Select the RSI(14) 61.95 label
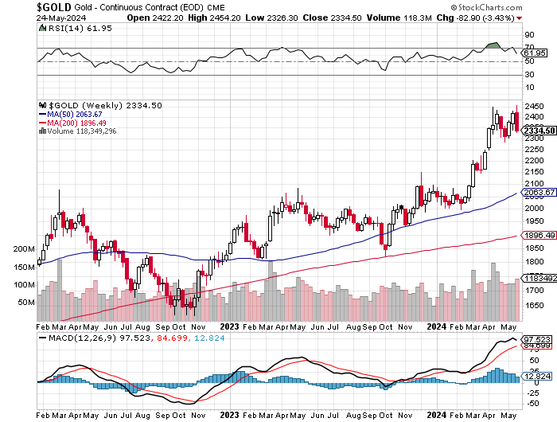pyautogui.click(x=69, y=28)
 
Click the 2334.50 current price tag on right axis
pyautogui.click(x=538, y=131)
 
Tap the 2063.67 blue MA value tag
pyautogui.click(x=538, y=193)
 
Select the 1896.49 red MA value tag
pyautogui.click(x=538, y=236)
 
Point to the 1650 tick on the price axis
pyautogui.click(x=534, y=305)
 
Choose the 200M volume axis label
pyautogui.click(x=25, y=249)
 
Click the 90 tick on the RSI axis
pyautogui.click(x=528, y=35)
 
